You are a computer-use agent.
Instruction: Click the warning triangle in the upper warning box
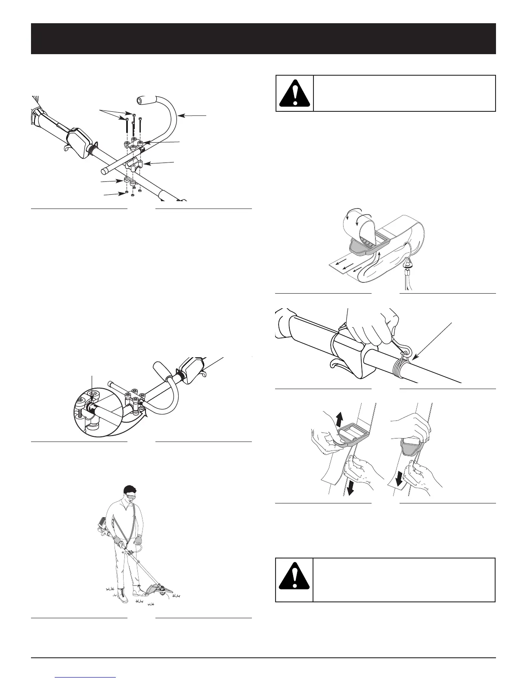point(294,94)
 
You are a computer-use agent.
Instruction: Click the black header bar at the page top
point(263,39)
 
